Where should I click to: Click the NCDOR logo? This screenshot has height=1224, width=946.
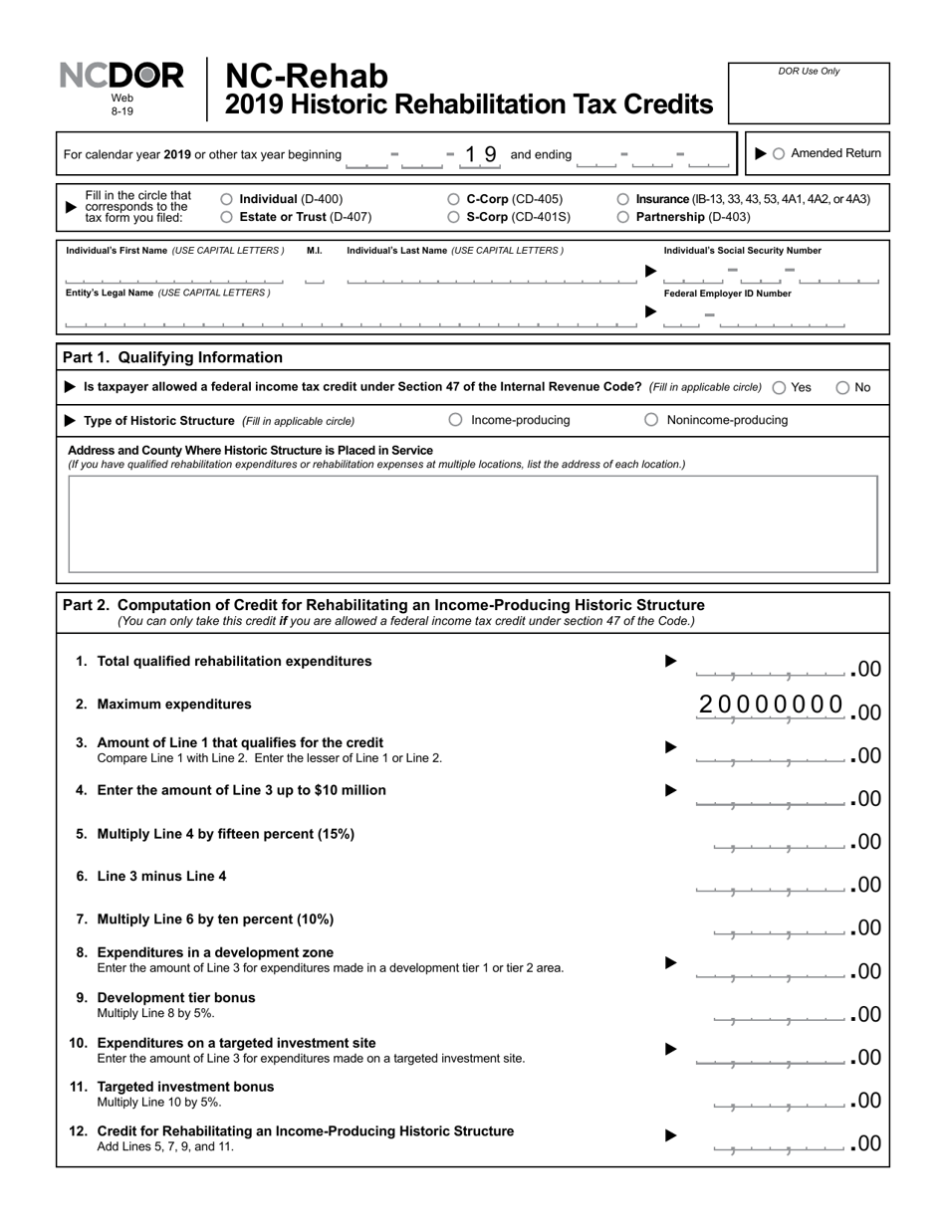[121, 77]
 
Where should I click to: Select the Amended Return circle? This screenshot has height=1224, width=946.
[779, 153]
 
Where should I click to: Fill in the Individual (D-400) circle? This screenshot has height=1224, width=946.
[226, 199]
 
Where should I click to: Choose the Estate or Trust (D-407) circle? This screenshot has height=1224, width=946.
[226, 216]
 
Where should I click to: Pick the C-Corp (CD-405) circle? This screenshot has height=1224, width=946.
[454, 199]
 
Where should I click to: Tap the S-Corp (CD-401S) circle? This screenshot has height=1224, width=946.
[454, 216]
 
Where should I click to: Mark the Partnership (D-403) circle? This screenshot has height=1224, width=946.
[623, 216]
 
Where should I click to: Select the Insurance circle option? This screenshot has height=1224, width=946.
[623, 199]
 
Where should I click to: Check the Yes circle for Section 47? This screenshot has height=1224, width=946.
[779, 387]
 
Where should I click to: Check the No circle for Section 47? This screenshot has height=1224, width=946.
[842, 387]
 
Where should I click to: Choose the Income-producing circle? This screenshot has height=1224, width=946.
[455, 420]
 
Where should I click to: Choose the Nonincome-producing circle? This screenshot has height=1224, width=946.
[651, 420]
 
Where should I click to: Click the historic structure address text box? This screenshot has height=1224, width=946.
[472, 524]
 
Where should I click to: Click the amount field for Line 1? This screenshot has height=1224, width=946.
[772, 667]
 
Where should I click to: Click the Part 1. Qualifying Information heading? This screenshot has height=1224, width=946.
[172, 357]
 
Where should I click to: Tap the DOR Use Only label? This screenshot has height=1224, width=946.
[809, 72]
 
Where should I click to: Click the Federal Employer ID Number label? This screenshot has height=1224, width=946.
[727, 294]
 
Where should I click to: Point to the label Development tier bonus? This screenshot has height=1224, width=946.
[176, 997]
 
